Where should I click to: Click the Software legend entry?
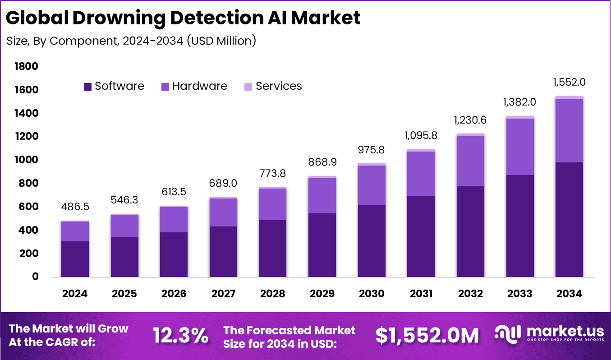click(x=114, y=86)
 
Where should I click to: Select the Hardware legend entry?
click(x=194, y=86)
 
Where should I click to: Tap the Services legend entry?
click(x=273, y=86)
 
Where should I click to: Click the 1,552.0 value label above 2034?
click(x=569, y=82)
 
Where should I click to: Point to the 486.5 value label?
click(x=75, y=207)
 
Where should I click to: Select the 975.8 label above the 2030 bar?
click(x=372, y=150)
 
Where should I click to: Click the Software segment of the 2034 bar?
click(x=569, y=220)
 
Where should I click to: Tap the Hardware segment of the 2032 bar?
click(x=470, y=161)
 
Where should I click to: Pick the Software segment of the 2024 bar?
click(x=75, y=259)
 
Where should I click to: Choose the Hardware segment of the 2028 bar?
click(x=272, y=204)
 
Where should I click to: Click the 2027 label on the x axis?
click(x=223, y=294)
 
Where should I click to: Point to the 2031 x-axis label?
click(x=421, y=294)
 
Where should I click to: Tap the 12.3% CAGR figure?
click(x=180, y=335)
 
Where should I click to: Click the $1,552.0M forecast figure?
click(x=427, y=335)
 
